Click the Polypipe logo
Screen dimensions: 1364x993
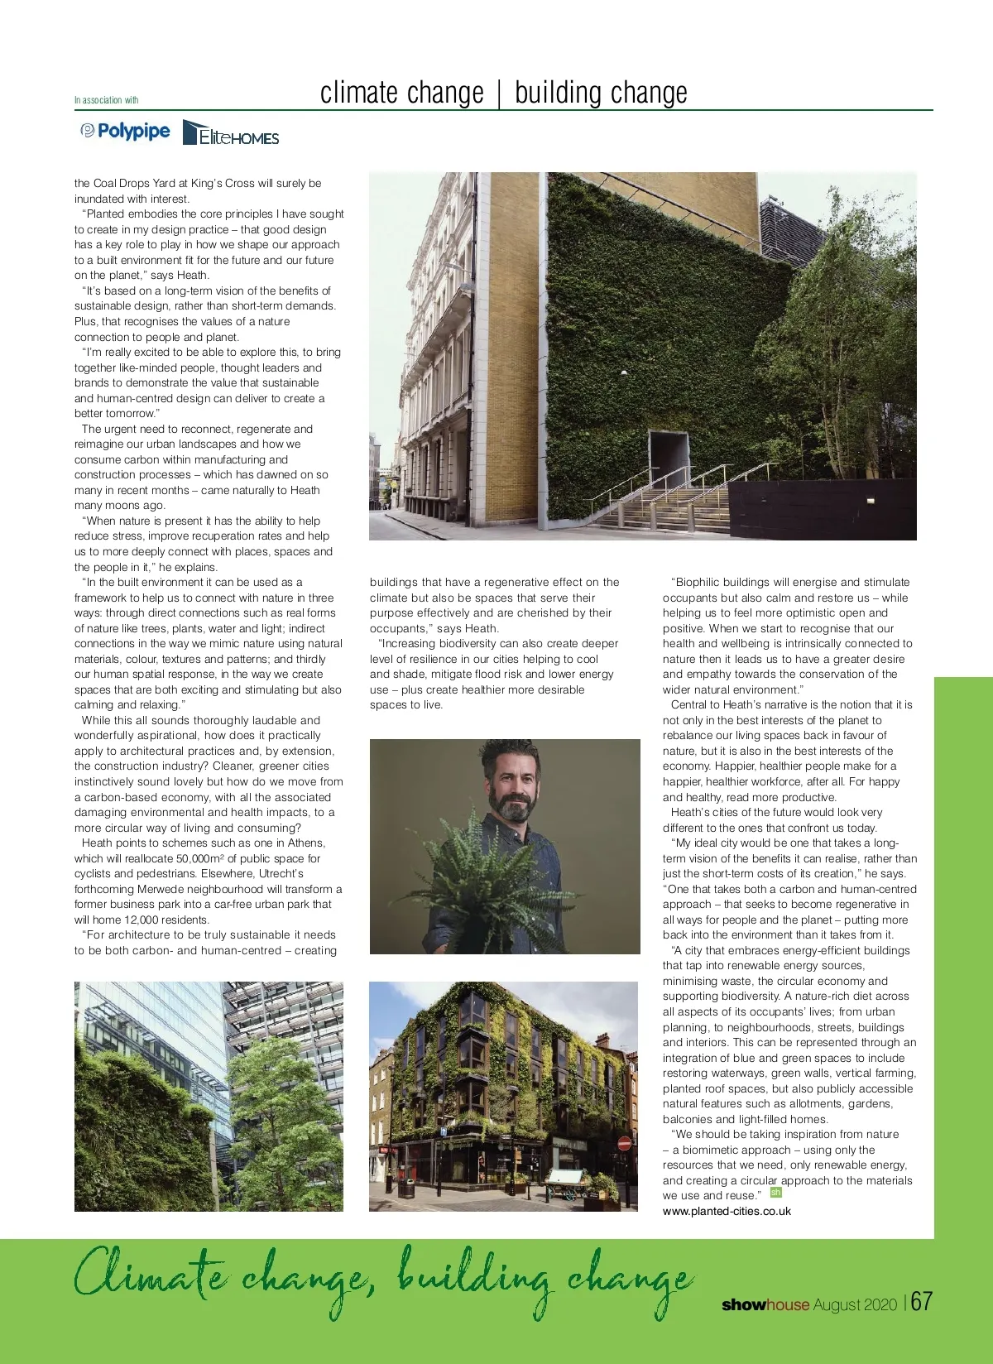coord(125,132)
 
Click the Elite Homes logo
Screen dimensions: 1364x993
coord(231,133)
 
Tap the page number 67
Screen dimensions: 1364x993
coord(921,1301)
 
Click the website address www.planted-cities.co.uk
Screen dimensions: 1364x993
coord(727,1211)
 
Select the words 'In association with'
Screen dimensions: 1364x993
coord(106,100)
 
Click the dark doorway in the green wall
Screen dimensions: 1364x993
coord(669,460)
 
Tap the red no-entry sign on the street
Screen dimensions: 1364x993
coord(625,1144)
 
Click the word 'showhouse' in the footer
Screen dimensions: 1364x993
coord(765,1305)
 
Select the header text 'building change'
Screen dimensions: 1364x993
coord(601,93)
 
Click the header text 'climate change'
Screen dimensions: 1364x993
coord(401,93)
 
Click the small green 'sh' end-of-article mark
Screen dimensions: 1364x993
coord(775,1193)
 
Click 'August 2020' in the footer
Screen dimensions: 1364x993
coord(855,1305)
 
